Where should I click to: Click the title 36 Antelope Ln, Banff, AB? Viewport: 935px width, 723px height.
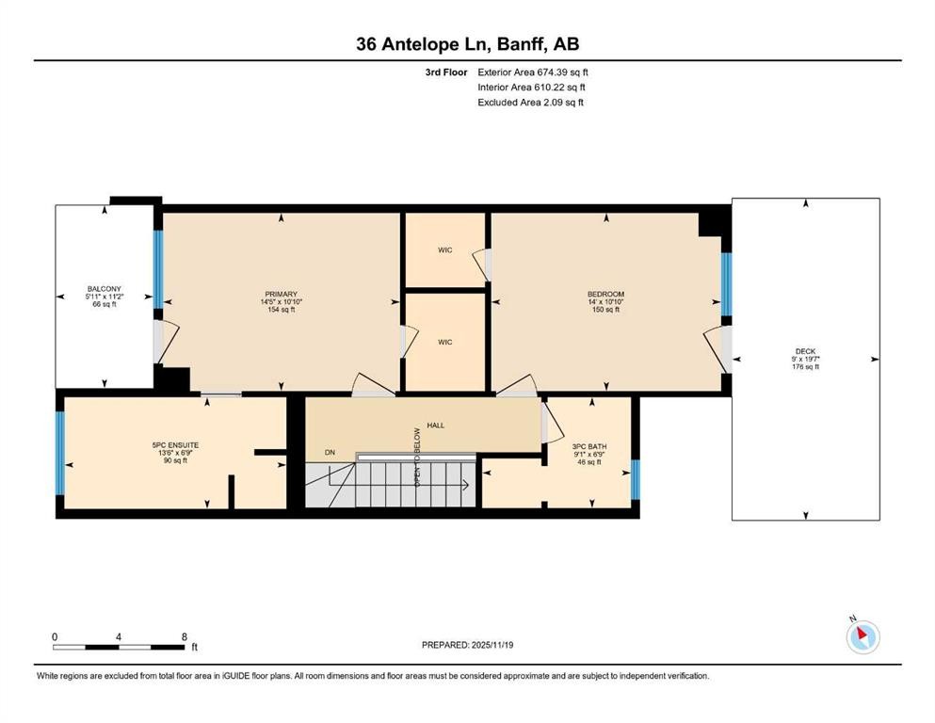467,43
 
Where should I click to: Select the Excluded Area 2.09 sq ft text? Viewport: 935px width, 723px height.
530,103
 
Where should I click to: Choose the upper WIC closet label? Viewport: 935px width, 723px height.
444,250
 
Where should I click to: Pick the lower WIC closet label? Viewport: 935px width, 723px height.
444,342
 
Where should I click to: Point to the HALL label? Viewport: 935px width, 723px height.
435,426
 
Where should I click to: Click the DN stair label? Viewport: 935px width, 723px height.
330,453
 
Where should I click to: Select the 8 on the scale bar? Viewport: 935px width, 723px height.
185,636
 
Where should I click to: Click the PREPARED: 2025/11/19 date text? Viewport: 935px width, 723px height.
467,645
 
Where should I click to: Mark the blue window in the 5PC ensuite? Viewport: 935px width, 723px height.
60,453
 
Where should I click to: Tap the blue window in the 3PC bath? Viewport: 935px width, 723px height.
636,478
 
